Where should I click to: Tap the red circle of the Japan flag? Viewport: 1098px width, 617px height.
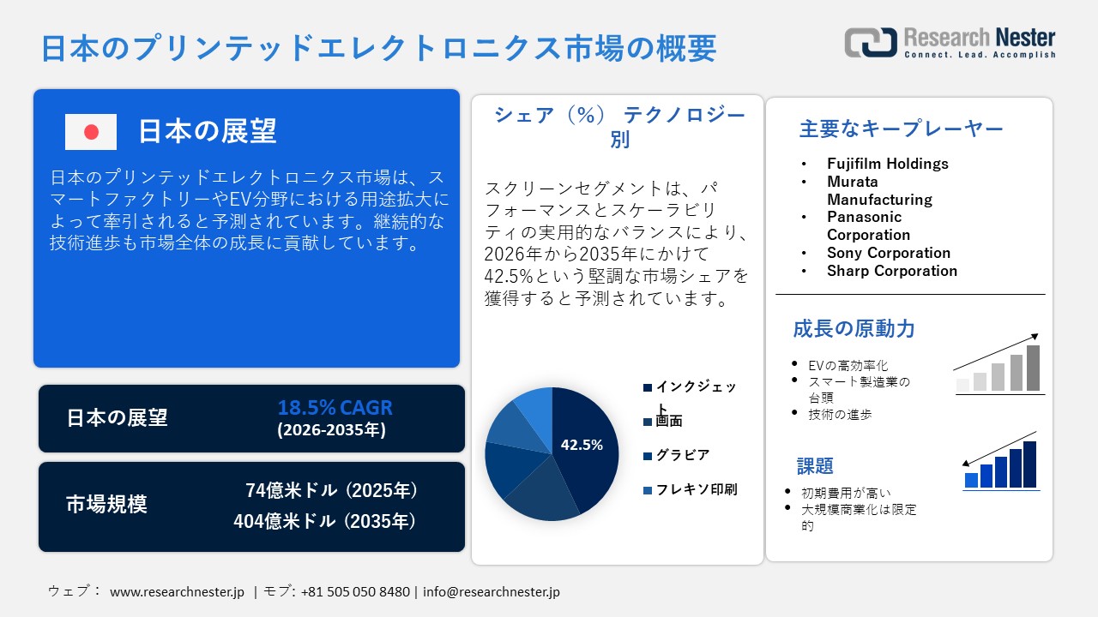click(x=91, y=132)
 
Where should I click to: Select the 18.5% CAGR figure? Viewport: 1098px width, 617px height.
click(x=335, y=407)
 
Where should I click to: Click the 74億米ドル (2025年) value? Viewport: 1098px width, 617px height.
click(x=332, y=490)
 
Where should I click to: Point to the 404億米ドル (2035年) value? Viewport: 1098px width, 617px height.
click(x=326, y=520)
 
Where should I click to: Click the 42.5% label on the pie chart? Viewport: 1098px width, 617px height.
click(x=582, y=445)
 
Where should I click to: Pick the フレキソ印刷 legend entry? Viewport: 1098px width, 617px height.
click(x=697, y=489)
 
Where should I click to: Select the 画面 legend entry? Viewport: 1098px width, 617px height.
click(x=669, y=422)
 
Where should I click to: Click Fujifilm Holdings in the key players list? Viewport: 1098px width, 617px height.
click(x=887, y=163)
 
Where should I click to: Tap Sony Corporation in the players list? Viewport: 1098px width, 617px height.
click(x=889, y=253)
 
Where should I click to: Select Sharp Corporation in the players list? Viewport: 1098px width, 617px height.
click(x=892, y=271)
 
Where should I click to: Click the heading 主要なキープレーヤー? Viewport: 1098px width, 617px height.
click(x=901, y=129)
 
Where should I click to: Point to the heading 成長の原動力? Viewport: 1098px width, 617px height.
click(x=854, y=328)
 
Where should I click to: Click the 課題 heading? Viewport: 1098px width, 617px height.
click(x=815, y=466)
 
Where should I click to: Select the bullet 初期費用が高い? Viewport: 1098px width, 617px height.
click(x=846, y=493)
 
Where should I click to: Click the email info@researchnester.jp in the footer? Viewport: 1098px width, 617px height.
click(x=492, y=591)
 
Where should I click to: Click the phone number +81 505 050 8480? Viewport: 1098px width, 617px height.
click(x=355, y=591)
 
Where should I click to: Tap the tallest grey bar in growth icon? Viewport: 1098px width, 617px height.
click(x=1033, y=368)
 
